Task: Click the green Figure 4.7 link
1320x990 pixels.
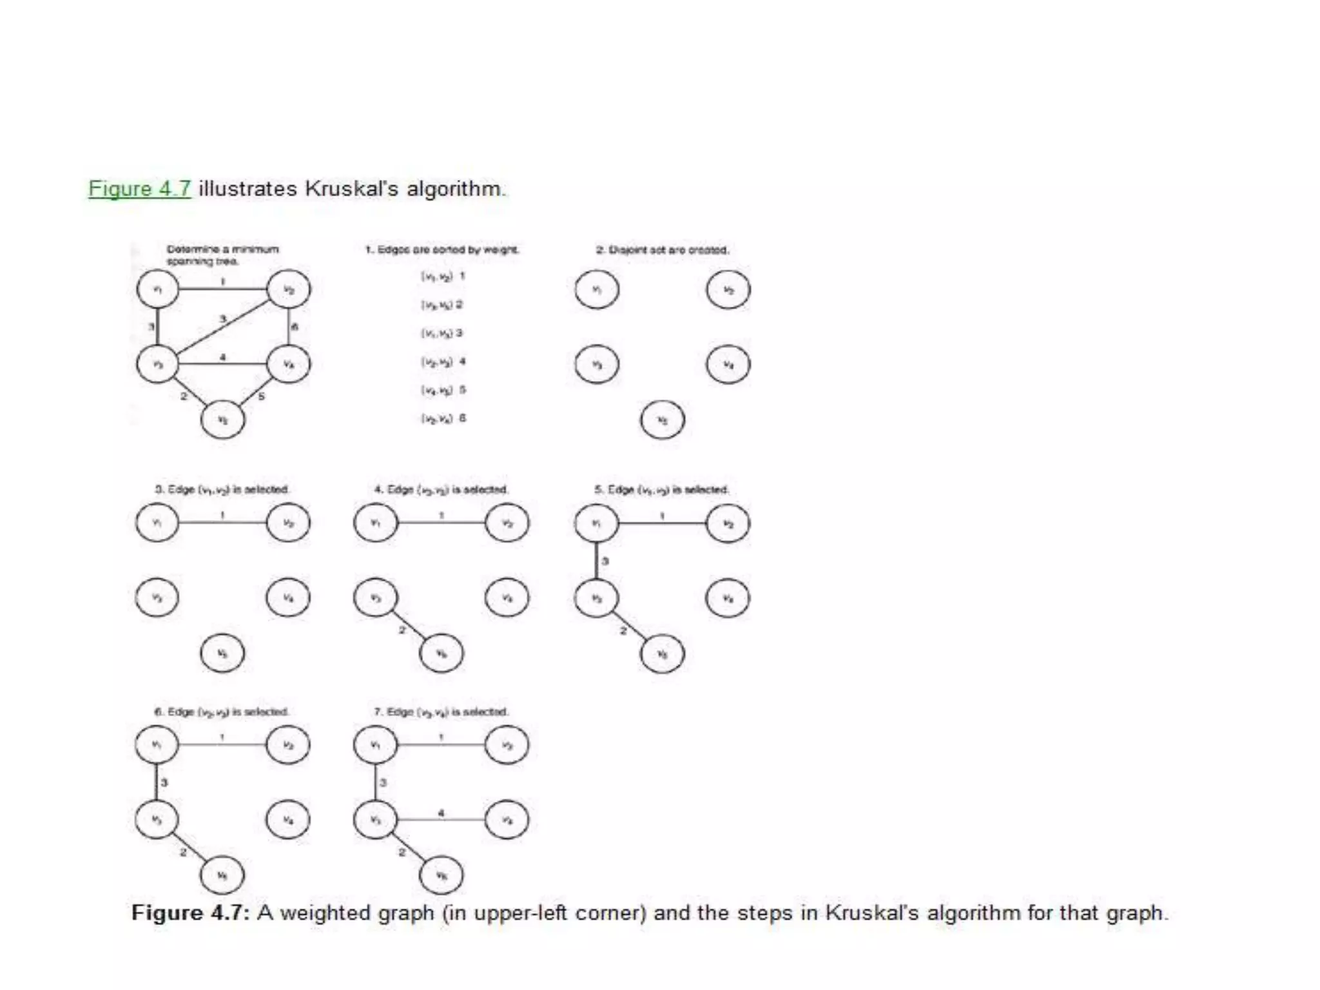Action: click(x=140, y=188)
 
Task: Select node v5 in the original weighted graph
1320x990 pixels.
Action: click(x=222, y=420)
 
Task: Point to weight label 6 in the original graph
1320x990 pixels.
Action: click(x=295, y=327)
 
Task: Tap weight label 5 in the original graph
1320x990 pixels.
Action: click(x=261, y=396)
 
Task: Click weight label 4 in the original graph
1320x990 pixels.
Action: click(x=222, y=357)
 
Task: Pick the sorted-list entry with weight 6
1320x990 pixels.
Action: click(x=443, y=418)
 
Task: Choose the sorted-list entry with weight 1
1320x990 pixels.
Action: click(x=443, y=277)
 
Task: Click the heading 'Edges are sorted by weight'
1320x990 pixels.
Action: click(x=442, y=249)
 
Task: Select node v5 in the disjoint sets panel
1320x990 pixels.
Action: click(x=662, y=420)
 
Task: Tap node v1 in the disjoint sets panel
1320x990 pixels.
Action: click(x=597, y=289)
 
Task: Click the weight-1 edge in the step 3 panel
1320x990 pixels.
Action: click(x=222, y=523)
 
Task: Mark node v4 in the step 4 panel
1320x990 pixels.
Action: click(x=507, y=598)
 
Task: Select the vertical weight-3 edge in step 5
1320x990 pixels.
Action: click(x=597, y=560)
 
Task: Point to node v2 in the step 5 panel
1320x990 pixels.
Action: click(x=728, y=523)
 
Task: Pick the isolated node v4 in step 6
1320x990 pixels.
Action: click(x=287, y=820)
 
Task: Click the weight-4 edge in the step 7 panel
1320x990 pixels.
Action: click(x=441, y=819)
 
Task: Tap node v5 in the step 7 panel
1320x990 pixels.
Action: click(x=441, y=875)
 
